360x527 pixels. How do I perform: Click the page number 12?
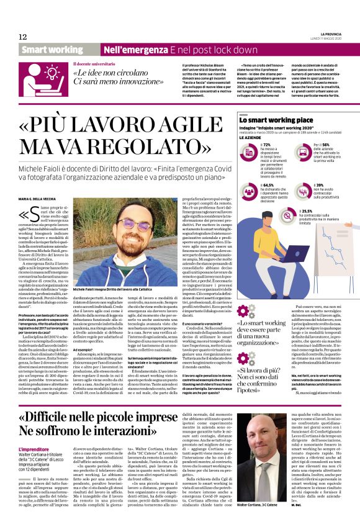23,37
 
